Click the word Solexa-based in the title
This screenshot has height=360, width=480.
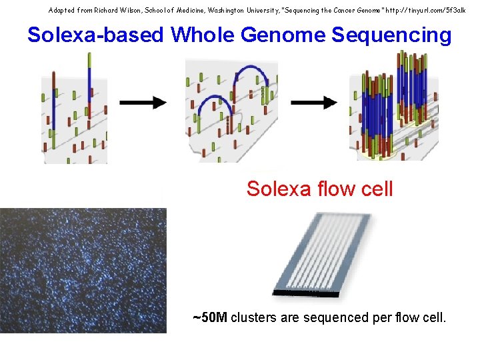pyautogui.click(x=96, y=35)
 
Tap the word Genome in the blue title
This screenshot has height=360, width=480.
pyautogui.click(x=279, y=35)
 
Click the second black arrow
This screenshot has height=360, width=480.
pyautogui.click(x=314, y=102)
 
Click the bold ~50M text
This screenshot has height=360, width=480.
pyautogui.click(x=210, y=317)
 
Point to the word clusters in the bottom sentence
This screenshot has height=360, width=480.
pyautogui.click(x=254, y=317)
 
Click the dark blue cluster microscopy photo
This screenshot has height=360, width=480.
pyautogui.click(x=83, y=270)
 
